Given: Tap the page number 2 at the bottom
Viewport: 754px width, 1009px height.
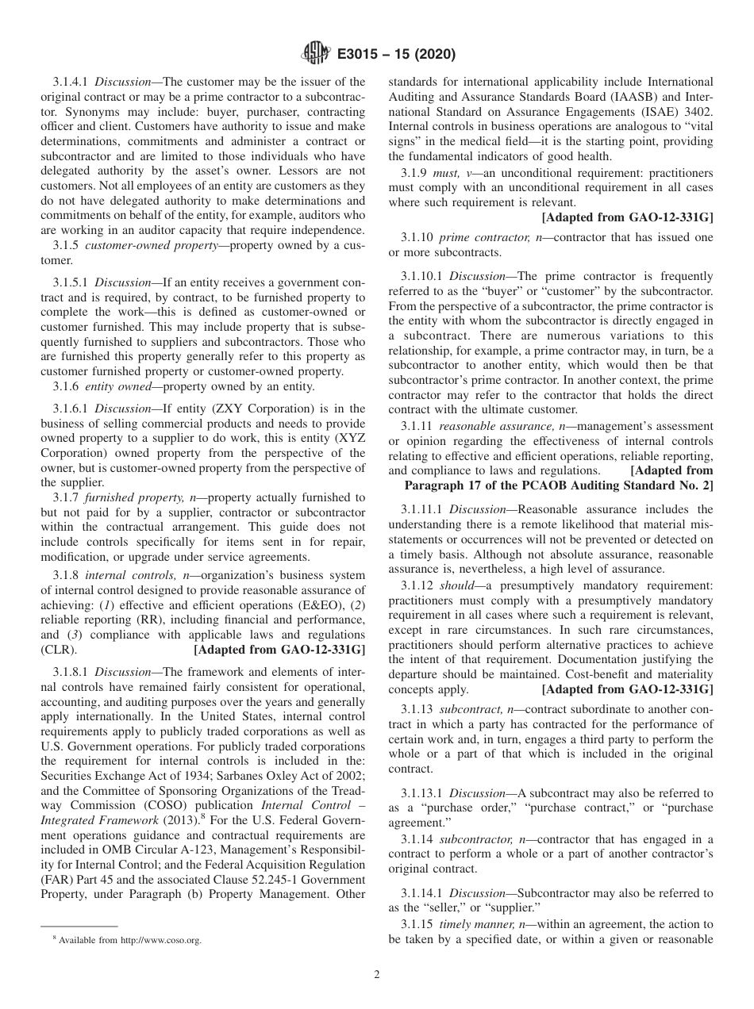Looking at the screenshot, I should (377, 975).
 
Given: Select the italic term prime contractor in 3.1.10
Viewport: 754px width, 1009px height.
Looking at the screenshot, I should (476, 237).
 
